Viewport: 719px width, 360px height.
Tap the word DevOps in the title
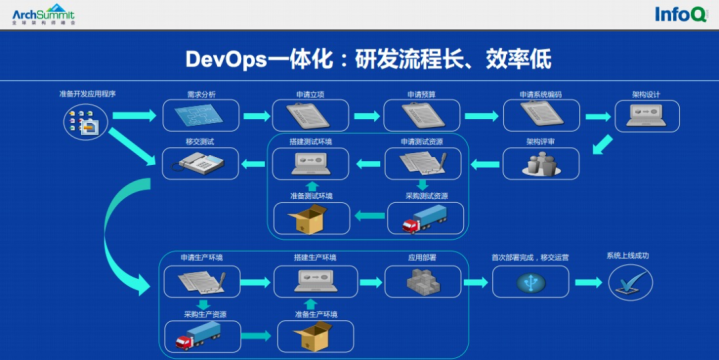(x=226, y=58)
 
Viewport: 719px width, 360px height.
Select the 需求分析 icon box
(x=194, y=116)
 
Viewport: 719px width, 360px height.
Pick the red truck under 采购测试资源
(x=423, y=219)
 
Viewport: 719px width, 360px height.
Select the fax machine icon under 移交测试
(x=194, y=163)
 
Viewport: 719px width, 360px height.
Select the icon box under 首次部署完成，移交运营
(x=531, y=282)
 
